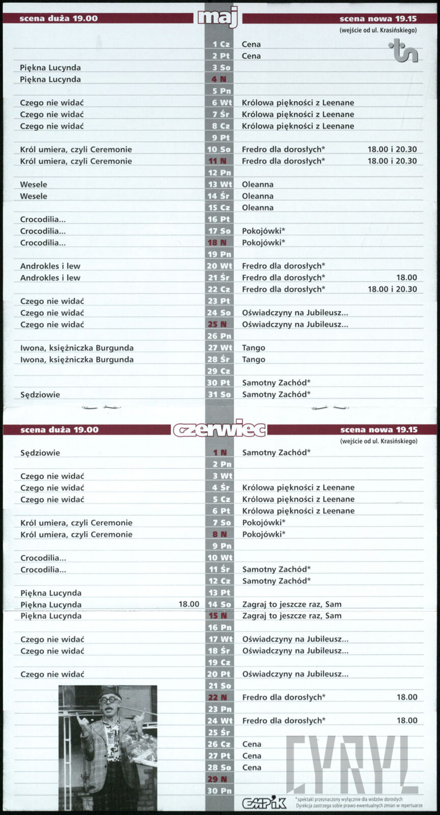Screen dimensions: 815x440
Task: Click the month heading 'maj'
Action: pyautogui.click(x=218, y=17)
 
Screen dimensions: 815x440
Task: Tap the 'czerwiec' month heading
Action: pyautogui.click(x=219, y=429)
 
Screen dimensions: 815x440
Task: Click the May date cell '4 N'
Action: pyautogui.click(x=219, y=79)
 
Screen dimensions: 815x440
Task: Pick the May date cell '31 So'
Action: pyautogui.click(x=219, y=394)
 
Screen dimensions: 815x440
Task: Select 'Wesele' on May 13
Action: pyautogui.click(x=34, y=184)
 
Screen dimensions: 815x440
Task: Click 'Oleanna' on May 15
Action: pyautogui.click(x=258, y=208)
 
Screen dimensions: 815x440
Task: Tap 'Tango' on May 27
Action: pyautogui.click(x=254, y=347)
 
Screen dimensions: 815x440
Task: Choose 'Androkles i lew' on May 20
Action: pyautogui.click(x=50, y=266)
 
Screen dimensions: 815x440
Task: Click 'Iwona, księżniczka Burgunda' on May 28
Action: pyautogui.click(x=77, y=360)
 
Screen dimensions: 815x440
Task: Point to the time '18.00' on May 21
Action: pyautogui.click(x=406, y=278)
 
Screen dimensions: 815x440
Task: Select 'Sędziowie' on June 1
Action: pyautogui.click(x=40, y=453)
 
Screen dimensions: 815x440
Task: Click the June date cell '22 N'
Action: pyautogui.click(x=219, y=697)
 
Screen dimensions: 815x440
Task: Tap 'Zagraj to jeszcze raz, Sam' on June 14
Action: pyautogui.click(x=292, y=604)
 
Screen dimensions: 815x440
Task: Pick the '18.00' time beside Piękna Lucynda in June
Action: pyautogui.click(x=189, y=604)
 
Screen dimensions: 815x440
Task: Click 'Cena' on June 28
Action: pyautogui.click(x=252, y=768)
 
